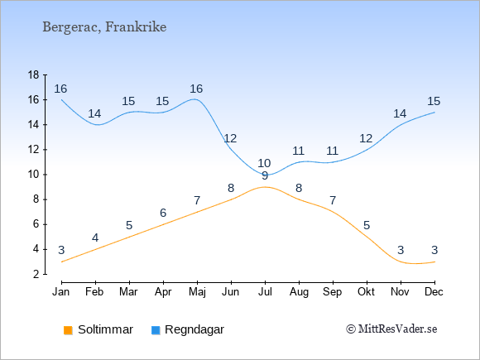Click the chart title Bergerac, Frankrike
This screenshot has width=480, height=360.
pos(104,27)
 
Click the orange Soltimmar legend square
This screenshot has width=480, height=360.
pos(68,330)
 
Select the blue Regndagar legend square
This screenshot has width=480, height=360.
pos(156,330)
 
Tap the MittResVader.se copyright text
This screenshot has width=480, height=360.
pos(391,329)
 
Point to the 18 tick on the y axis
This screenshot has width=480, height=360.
pos(33,74)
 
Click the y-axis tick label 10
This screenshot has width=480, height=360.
pos(33,175)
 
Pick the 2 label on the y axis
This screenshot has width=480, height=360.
pos(36,274)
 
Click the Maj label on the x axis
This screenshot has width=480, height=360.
pos(197,292)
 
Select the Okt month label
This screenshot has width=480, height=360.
pos(367,292)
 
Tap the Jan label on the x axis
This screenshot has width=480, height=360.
pos(61,292)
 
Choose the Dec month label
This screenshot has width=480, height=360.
pos(434,292)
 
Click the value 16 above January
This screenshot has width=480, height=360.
pos(60,89)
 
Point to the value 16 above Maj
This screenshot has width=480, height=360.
pos(196,89)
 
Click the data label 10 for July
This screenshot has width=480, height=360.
pos(264,163)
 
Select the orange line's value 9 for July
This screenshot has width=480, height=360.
pos(265,176)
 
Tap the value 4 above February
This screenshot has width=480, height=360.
pos(95,238)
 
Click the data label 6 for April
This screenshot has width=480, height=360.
pos(163,213)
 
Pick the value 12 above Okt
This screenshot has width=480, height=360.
pos(366,139)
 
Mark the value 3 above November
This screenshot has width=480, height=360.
pos(401,251)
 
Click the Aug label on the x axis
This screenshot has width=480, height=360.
pos(299,292)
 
